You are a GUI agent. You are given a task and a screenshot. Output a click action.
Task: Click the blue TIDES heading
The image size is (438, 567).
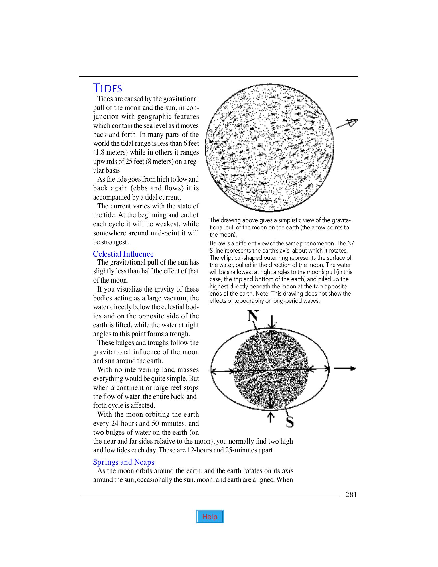[x=108, y=88]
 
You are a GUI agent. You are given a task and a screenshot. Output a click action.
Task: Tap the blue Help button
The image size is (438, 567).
[x=210, y=517]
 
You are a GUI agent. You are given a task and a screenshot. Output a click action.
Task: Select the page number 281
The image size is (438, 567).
[x=351, y=495]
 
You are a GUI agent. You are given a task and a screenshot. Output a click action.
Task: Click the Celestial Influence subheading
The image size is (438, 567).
[x=123, y=254]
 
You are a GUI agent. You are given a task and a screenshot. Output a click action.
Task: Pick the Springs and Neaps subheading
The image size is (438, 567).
[x=124, y=462]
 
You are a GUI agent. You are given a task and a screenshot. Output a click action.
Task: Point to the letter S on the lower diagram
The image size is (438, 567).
[x=290, y=422]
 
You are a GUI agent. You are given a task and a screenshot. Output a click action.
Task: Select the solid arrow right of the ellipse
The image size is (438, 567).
[x=345, y=369]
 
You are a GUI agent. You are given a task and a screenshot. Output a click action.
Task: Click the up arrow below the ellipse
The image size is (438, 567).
[x=269, y=417]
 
